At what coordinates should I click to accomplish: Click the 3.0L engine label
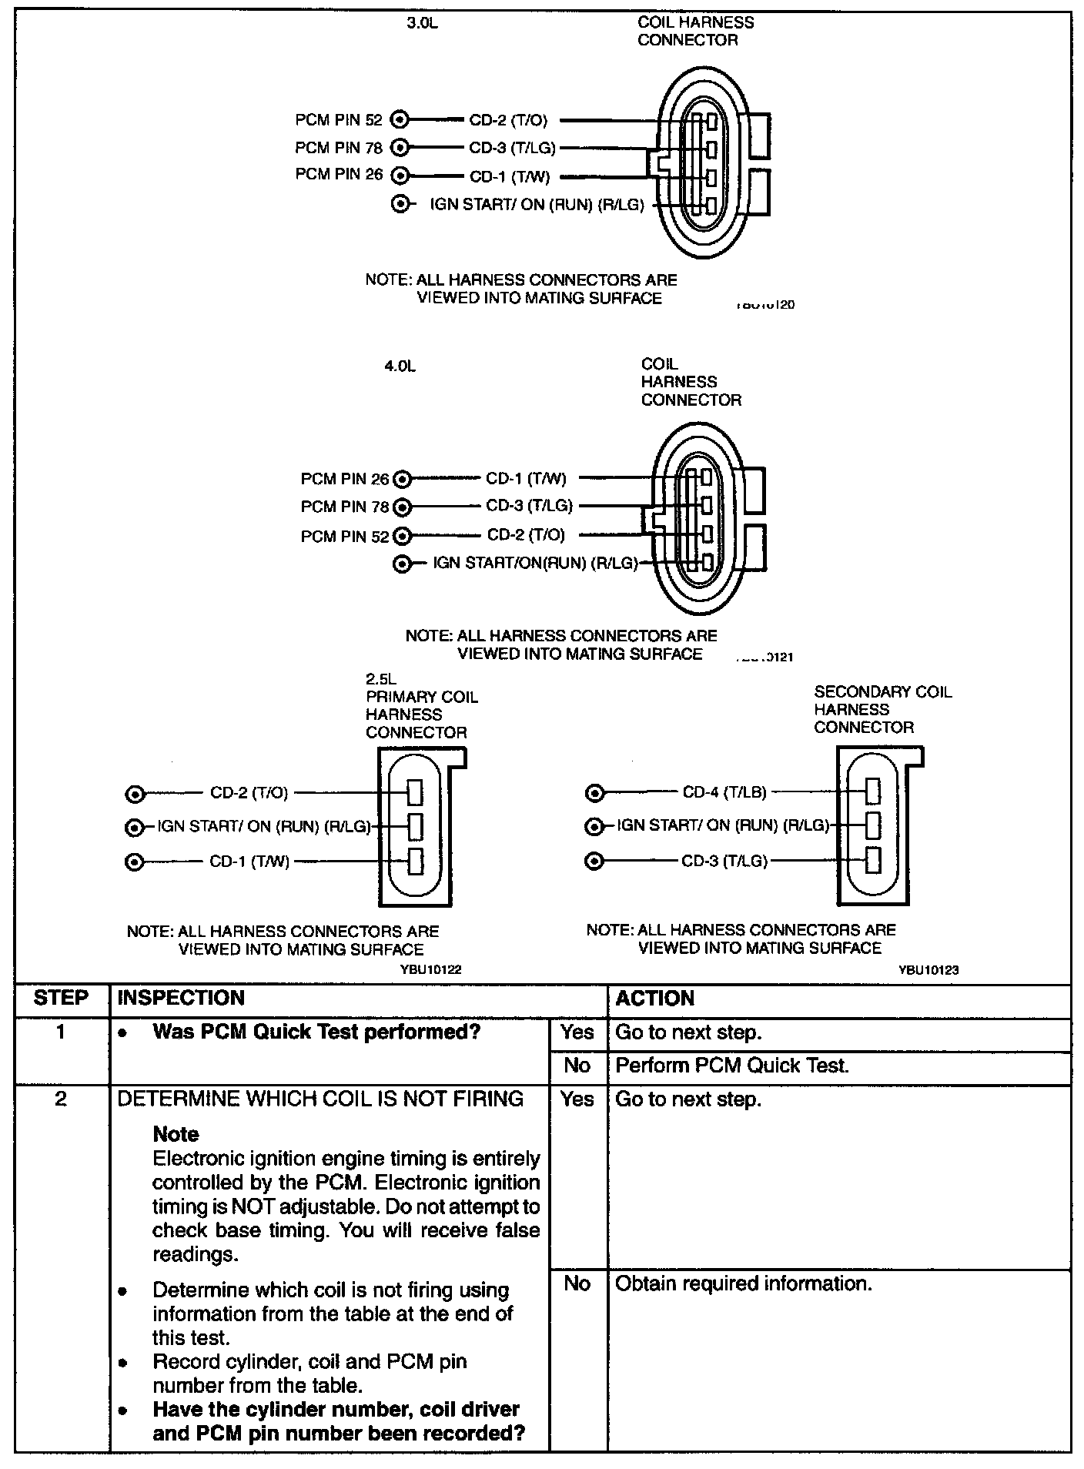coord(422,23)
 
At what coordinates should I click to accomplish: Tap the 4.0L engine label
coord(400,367)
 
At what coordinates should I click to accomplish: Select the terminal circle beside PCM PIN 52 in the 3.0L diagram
coord(400,119)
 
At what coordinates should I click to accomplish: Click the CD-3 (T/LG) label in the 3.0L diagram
coord(512,148)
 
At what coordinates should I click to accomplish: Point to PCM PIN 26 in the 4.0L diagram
coord(345,480)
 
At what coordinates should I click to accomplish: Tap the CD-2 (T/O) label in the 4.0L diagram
coord(526,535)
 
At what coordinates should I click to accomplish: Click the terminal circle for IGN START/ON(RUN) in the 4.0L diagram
coord(401,564)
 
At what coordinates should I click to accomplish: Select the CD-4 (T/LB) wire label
coord(724,792)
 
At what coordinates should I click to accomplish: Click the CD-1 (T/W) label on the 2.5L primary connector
coord(249,862)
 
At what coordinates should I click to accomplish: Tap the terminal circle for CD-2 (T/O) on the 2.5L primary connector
coord(135,794)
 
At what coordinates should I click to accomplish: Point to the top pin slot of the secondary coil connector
coord(873,791)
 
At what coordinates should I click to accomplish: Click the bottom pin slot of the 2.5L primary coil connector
coord(416,861)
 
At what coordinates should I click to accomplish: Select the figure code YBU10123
coord(928,970)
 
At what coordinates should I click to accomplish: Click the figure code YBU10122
coord(430,970)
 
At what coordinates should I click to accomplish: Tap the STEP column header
coord(61,999)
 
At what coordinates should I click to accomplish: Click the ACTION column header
coord(655,999)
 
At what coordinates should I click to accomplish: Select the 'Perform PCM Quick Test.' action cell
coord(732,1066)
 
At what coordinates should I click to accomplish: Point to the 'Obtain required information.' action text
coord(743,1283)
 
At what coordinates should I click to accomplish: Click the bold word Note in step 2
coord(176,1134)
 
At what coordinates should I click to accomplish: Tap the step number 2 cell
coord(61,1099)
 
